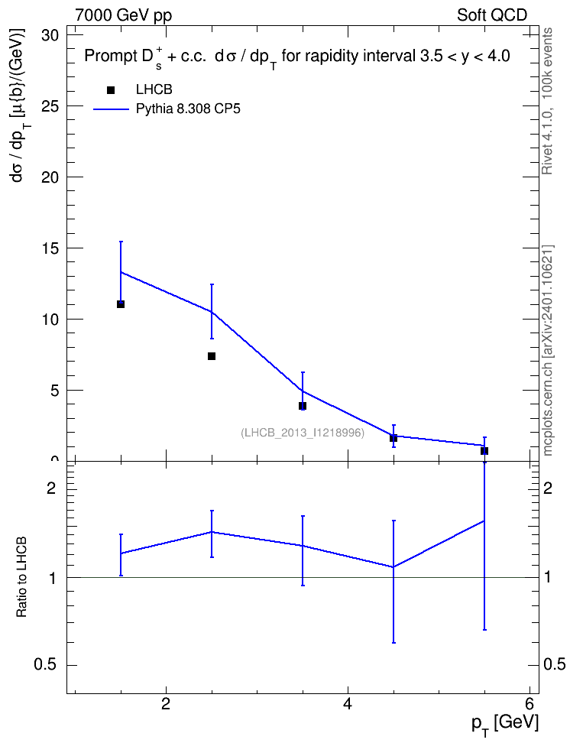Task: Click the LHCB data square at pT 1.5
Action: tap(121, 304)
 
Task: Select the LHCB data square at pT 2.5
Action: tap(212, 356)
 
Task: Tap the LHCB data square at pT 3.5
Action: tap(303, 406)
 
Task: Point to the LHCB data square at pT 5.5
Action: tap(484, 451)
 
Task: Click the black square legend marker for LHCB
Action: tap(111, 90)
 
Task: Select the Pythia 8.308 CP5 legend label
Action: tap(188, 109)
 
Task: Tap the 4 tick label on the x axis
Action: tap(348, 703)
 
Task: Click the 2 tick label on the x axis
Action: tap(166, 703)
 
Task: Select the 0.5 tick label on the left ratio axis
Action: tap(45, 665)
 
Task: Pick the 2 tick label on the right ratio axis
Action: tap(548, 488)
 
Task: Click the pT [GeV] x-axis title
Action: tap(505, 724)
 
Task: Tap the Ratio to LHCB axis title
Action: tap(21, 577)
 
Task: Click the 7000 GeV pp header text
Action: tap(123, 15)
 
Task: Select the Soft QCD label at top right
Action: tap(492, 15)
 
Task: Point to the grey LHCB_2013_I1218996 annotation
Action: tap(303, 433)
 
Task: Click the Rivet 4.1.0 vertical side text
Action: tap(547, 101)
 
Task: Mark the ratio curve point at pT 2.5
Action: tap(212, 532)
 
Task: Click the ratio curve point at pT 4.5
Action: tap(393, 566)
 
